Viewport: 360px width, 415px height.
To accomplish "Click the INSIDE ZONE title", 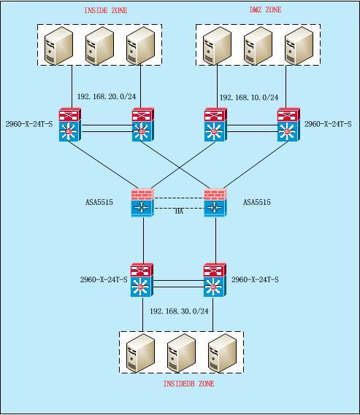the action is pos(106,10).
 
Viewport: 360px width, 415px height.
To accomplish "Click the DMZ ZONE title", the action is pos(265,9).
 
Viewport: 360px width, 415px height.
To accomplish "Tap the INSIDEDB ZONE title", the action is pos(188,384).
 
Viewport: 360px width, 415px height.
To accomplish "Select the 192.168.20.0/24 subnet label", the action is pos(107,96).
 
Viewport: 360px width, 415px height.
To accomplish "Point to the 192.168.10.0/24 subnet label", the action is pos(249,98).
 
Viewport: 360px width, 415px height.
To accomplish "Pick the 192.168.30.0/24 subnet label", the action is pos(180,311).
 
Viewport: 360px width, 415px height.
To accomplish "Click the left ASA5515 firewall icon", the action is pos(142,203).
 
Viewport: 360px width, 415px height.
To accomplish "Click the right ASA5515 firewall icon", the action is pos(215,203).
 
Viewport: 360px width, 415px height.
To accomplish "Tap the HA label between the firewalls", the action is pos(180,212).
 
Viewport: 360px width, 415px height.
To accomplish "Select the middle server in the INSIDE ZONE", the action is pos(99,45).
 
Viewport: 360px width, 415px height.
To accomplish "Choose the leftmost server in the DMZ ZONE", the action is pos(217,45).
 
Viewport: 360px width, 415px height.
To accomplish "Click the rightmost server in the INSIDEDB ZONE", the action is pos(222,353).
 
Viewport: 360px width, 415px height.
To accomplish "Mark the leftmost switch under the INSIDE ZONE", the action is pos(70,125).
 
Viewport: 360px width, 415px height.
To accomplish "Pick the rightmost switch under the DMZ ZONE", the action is pos(288,125).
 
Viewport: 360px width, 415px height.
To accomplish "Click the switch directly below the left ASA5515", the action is pos(142,280).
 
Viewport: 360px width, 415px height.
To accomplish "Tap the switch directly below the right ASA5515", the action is pos(215,280).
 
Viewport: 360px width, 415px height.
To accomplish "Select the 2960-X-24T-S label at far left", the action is pos(29,124).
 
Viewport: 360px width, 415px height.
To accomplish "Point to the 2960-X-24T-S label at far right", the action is pos(328,124).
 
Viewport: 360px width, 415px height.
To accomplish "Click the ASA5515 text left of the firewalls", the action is pos(99,202).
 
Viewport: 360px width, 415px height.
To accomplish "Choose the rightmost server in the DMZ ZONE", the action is pos(299,45).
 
